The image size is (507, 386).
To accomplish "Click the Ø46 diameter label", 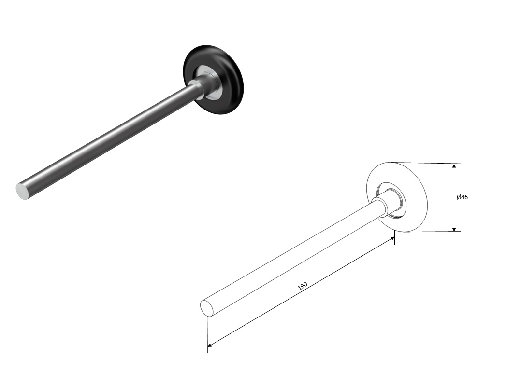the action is pos(462,197).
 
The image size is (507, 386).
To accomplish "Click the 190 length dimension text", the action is pos(303,286).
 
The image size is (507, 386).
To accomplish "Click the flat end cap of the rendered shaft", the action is pos(22,191).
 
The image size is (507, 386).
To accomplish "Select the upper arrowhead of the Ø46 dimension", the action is pos(454,166).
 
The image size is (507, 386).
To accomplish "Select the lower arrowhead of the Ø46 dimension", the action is pos(454,229).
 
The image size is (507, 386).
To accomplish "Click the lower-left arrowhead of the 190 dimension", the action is pos(210,345).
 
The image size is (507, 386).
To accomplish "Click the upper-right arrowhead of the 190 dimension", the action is pos(392,238).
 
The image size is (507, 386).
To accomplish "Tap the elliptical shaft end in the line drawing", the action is pos(207,308).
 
